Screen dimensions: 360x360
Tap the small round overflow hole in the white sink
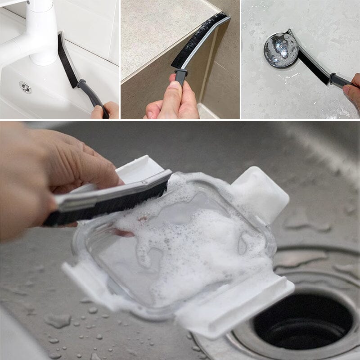(x=26, y=87)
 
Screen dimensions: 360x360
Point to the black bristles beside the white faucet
(x=67, y=61)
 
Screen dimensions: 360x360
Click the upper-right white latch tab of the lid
(x=261, y=189)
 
